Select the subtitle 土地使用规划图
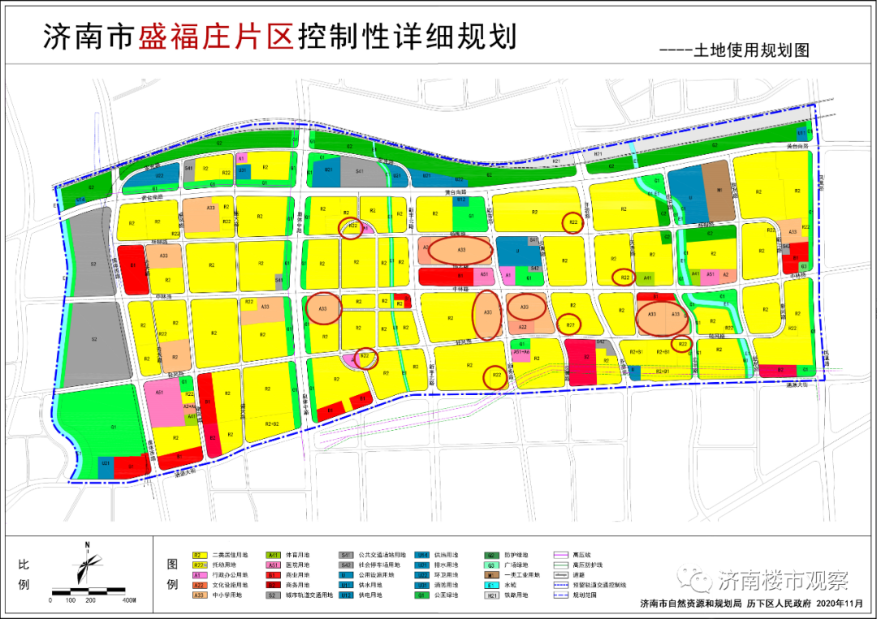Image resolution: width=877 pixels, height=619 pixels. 751,50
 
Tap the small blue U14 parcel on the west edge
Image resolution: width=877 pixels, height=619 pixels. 80,199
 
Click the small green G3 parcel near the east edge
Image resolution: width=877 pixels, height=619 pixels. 803,265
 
